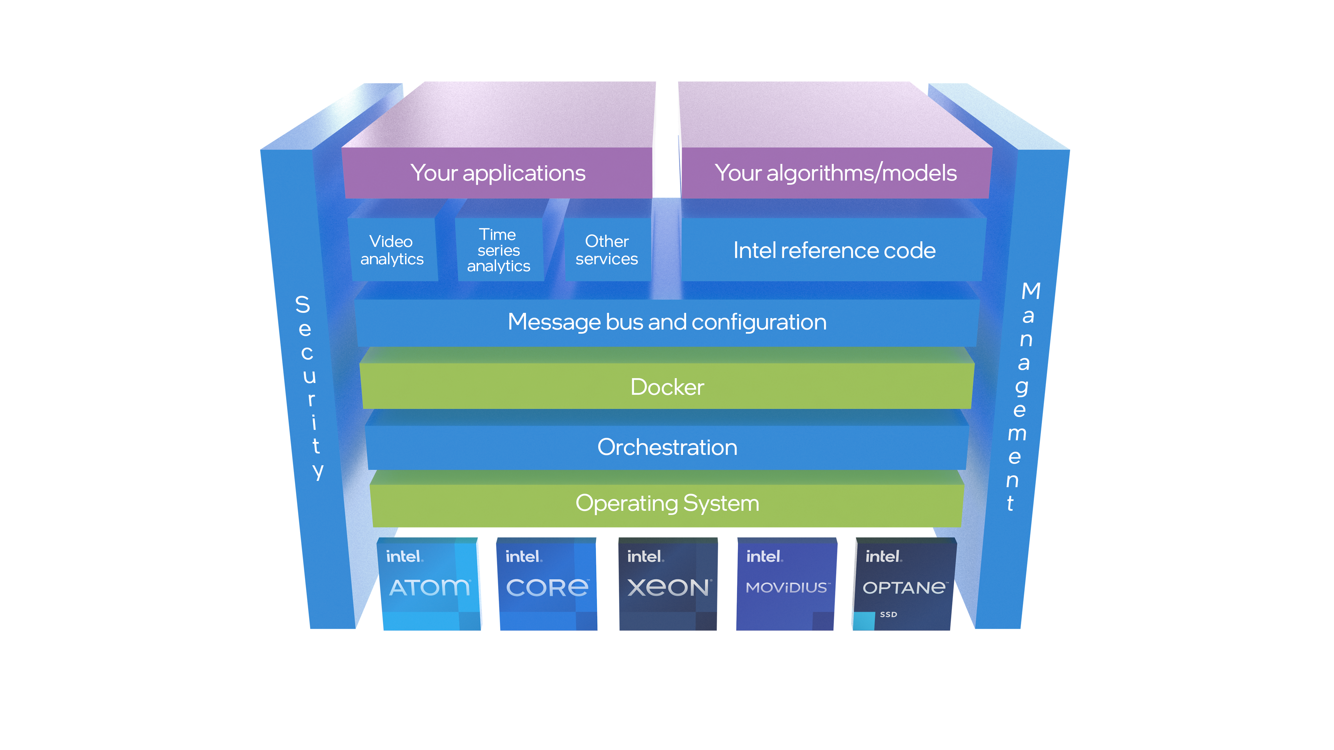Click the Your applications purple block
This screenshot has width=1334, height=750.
pyautogui.click(x=498, y=173)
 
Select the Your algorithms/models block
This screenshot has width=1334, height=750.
pyautogui.click(x=835, y=173)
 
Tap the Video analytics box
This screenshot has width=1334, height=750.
pyautogui.click(x=392, y=250)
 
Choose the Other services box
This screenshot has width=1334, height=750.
pyautogui.click(x=607, y=250)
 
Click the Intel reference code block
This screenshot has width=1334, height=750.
pyautogui.click(x=834, y=250)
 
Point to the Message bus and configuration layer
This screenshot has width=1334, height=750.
pyautogui.click(x=667, y=322)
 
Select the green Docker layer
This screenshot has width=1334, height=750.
pyautogui.click(x=667, y=387)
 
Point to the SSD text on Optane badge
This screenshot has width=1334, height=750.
pyautogui.click(x=888, y=614)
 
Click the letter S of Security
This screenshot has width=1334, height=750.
pyautogui.click(x=303, y=305)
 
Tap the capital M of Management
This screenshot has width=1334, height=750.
pyautogui.click(x=1030, y=291)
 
